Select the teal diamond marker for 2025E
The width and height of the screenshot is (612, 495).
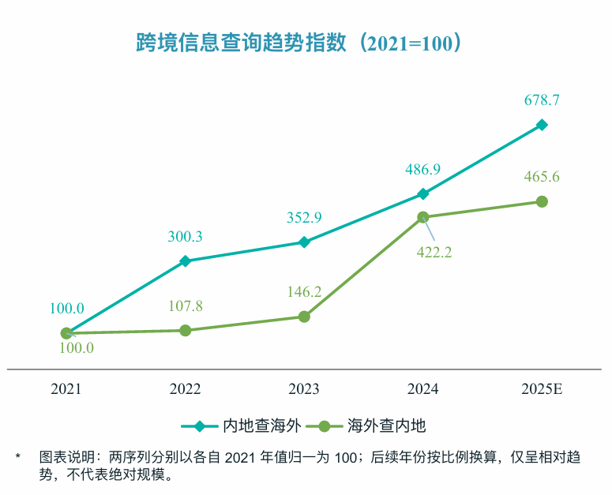coord(542,125)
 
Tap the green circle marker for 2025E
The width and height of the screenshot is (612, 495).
coord(542,202)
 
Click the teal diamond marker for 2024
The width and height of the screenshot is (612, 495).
coord(423,193)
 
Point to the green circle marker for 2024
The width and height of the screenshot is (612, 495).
coord(423,217)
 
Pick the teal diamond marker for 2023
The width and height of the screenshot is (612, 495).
coord(304,242)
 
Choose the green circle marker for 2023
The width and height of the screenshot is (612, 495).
coord(304,317)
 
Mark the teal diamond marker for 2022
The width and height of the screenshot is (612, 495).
coord(186,261)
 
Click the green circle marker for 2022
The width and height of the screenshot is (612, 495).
coord(186,330)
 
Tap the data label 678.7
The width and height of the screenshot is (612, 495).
coord(542,100)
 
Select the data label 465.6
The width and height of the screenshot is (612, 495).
coord(542,177)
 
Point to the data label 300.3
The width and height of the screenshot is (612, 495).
coord(186,236)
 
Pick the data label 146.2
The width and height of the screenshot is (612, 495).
coord(304,292)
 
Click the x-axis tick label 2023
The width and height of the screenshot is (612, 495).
coord(304,389)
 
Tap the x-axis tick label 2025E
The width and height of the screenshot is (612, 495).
coord(542,389)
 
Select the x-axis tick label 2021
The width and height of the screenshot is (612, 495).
coord(66,389)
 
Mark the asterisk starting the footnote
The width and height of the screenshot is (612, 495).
coord(17,457)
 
